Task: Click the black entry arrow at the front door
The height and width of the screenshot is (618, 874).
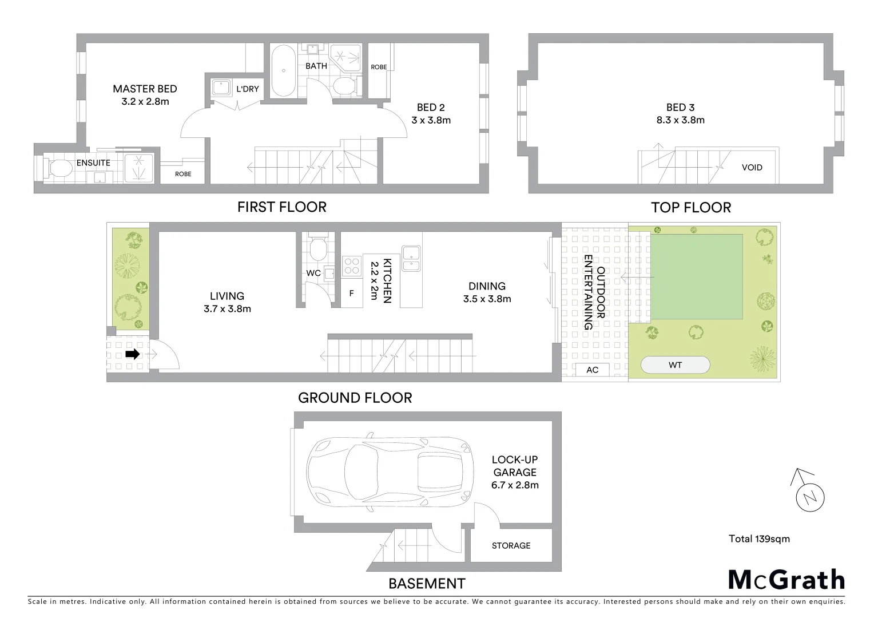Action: pos(132,354)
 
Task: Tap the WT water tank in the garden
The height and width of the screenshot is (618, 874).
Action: pos(675,365)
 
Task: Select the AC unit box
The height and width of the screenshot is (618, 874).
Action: pos(592,370)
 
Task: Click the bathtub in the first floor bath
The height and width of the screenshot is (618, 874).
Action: pos(283,72)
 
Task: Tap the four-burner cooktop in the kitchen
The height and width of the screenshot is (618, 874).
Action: pos(351,266)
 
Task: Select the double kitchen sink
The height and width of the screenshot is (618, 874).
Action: pos(411,257)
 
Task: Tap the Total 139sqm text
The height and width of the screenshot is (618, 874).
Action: pos(759,538)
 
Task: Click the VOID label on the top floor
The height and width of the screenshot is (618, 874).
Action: pos(752,168)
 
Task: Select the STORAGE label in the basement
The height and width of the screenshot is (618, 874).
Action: pos(511,545)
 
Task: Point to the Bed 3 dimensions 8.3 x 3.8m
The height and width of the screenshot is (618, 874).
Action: pos(680,120)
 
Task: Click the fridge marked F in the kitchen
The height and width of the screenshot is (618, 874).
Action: pos(352,294)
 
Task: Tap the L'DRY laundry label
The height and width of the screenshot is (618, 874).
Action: pos(248,89)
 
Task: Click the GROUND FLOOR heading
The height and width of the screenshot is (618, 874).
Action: pos(355,398)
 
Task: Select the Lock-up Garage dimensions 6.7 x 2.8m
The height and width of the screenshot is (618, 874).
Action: pos(515,485)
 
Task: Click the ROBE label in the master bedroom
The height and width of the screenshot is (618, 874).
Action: pos(183,174)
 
